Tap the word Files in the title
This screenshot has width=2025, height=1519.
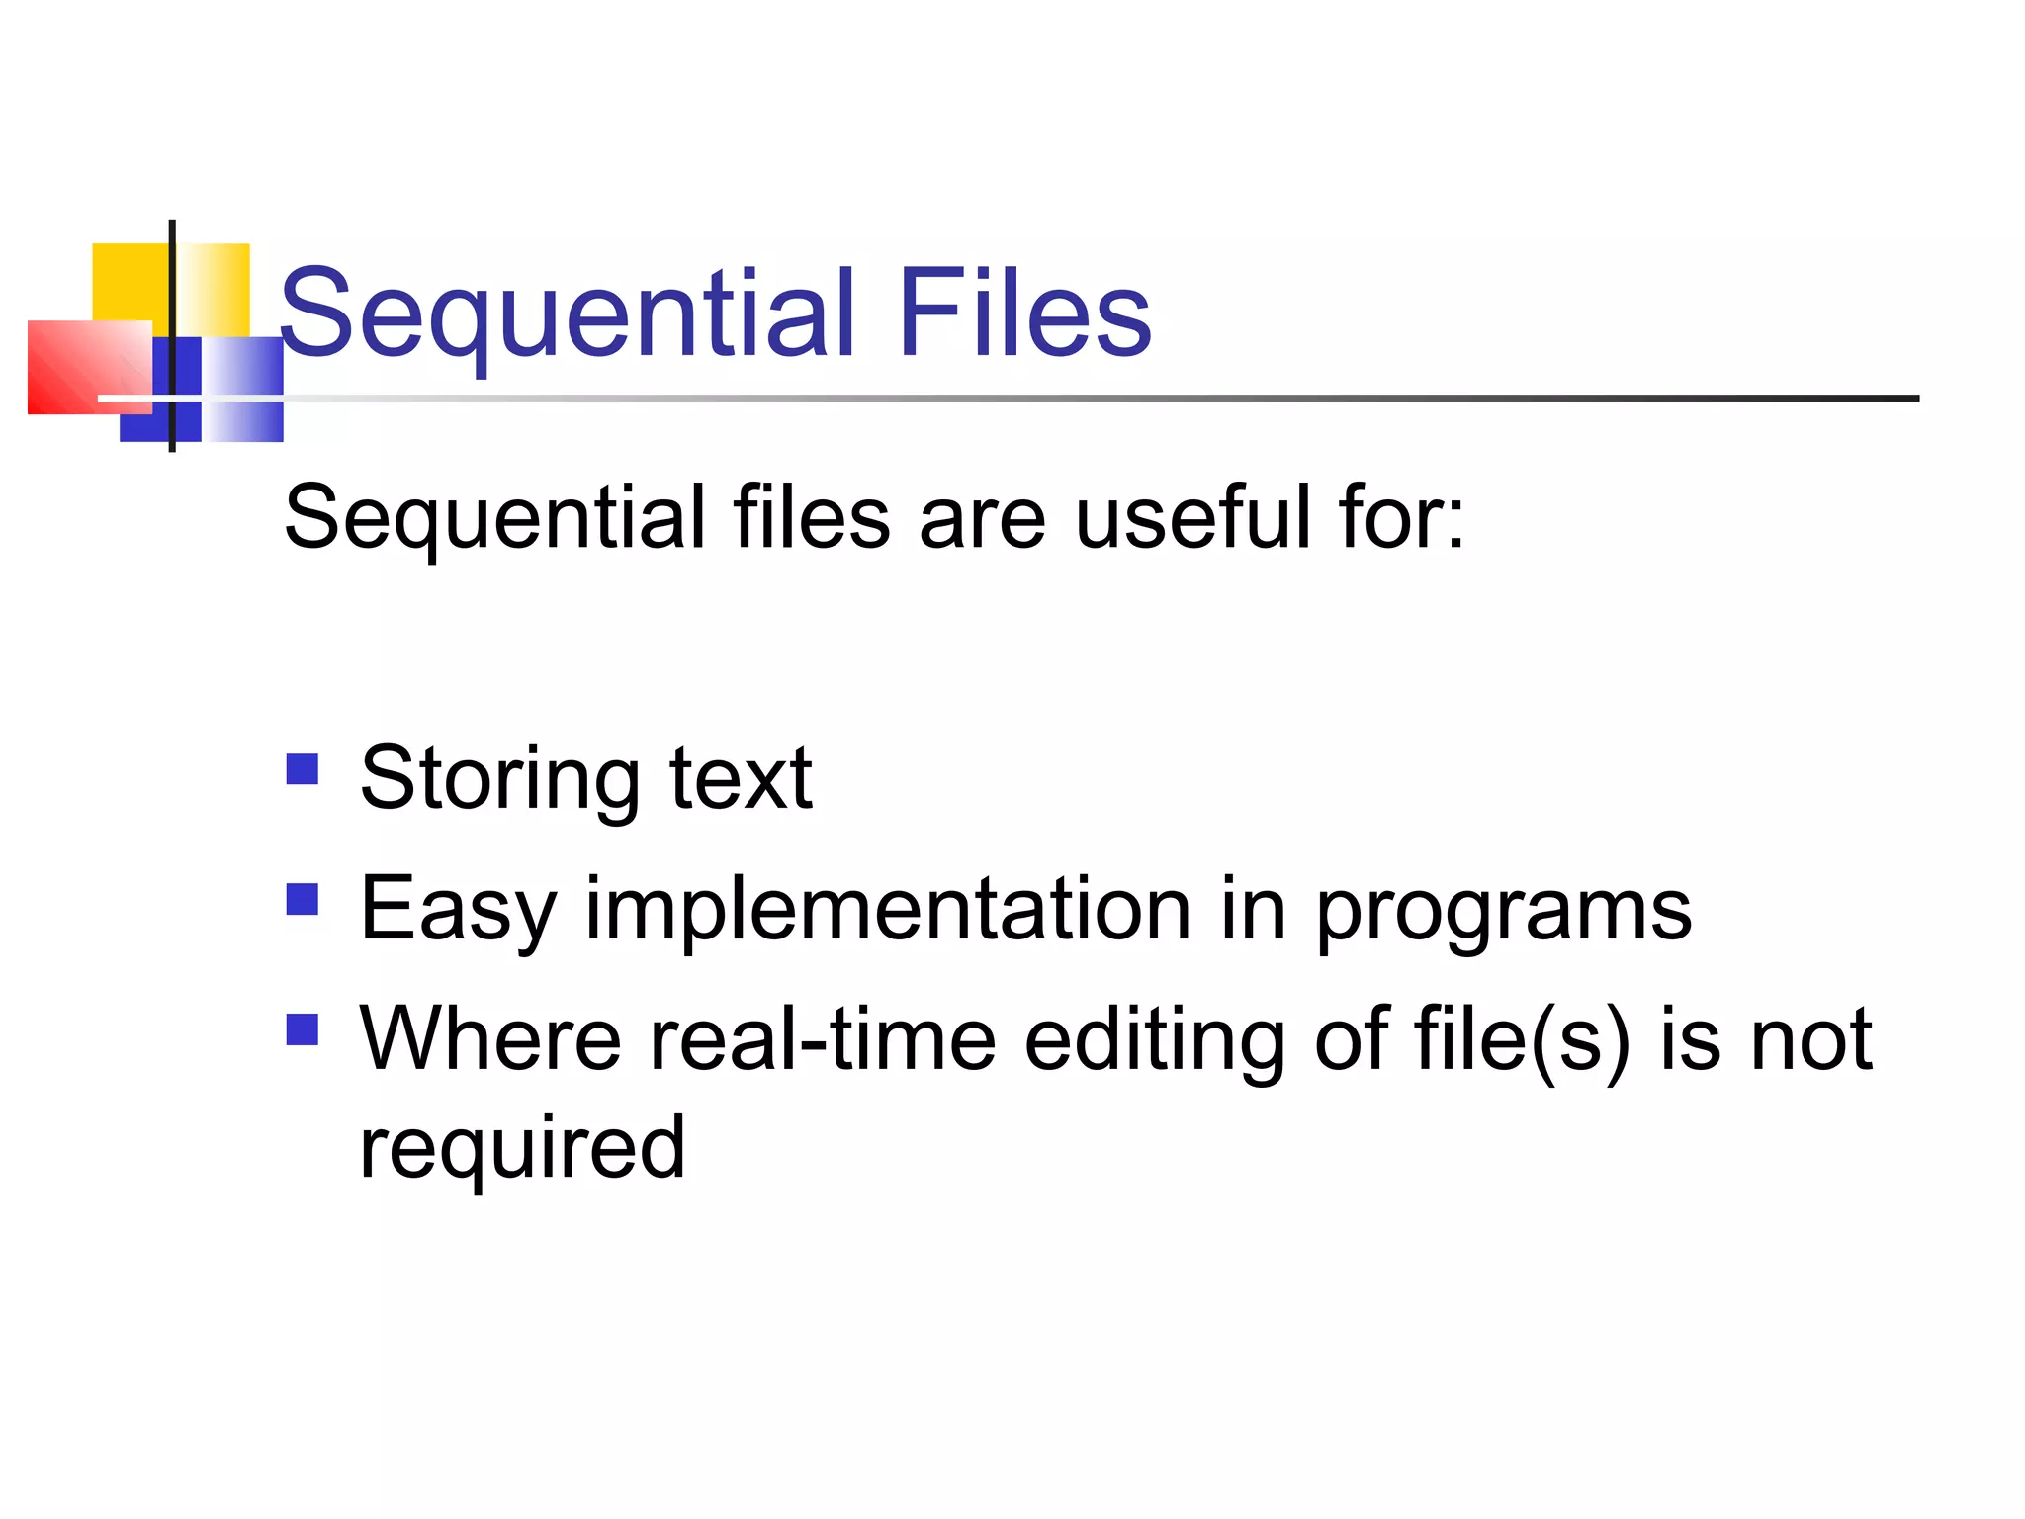(1024, 314)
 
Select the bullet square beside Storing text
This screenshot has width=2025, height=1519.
(303, 768)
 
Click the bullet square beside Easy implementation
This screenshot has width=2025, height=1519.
(303, 899)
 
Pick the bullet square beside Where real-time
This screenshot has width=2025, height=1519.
(303, 1029)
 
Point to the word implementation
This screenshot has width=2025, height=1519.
(888, 910)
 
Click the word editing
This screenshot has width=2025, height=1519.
(1154, 1040)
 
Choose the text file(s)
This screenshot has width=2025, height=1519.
(1522, 1040)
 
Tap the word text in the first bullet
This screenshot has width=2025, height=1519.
(741, 779)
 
